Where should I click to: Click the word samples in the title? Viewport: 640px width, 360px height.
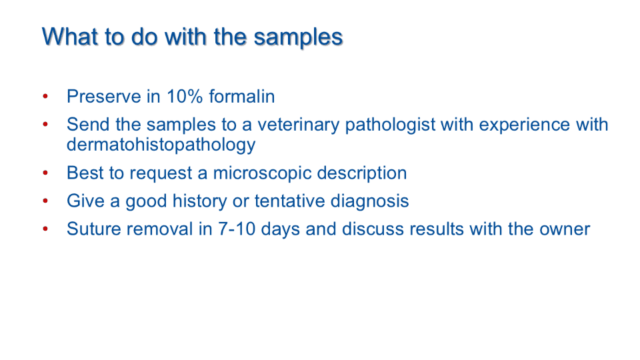[x=298, y=38]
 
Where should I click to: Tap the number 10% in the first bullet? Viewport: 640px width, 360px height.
[x=185, y=97]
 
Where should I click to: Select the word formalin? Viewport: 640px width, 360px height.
[x=241, y=96]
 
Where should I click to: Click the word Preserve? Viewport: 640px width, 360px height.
[x=104, y=97]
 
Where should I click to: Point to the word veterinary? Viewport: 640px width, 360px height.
[x=299, y=125]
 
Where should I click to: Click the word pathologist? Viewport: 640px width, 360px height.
[x=390, y=125]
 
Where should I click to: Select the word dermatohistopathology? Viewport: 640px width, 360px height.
[x=161, y=145]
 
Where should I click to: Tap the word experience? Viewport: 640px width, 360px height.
[x=525, y=125]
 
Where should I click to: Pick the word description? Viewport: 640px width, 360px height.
[x=362, y=173]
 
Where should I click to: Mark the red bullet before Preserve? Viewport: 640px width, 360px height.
[x=45, y=97]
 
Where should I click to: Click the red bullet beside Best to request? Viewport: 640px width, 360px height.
[x=45, y=173]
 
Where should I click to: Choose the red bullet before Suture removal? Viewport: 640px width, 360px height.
[x=45, y=229]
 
